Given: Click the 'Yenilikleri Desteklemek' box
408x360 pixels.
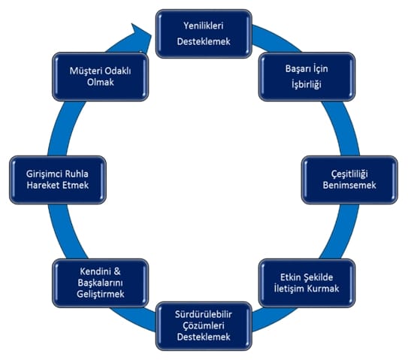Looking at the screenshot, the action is pyautogui.click(x=204, y=34).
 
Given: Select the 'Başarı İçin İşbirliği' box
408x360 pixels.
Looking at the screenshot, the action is pyautogui.click(x=307, y=77).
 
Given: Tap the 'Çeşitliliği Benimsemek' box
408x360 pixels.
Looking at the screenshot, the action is pyautogui.click(x=349, y=180).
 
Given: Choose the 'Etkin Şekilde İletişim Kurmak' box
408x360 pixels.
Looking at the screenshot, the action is pyautogui.click(x=307, y=283).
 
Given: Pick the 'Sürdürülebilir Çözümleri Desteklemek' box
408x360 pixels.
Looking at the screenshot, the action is pyautogui.click(x=204, y=326).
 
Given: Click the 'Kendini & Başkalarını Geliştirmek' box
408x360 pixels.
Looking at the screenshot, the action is pyautogui.click(x=101, y=283).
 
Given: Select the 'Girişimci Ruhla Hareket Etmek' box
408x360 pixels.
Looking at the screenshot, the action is pyautogui.click(x=58, y=180).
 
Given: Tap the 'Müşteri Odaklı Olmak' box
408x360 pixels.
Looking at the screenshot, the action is pyautogui.click(x=101, y=77).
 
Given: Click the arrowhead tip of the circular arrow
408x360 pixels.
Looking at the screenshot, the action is pyautogui.click(x=152, y=35).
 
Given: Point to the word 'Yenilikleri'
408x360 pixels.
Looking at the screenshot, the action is pyautogui.click(x=204, y=26).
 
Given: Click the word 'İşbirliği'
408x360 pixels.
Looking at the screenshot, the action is pyautogui.click(x=307, y=85).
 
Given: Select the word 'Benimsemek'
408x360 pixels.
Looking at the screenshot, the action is pyautogui.click(x=349, y=186).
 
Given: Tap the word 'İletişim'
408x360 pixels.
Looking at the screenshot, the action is pyautogui.click(x=289, y=289).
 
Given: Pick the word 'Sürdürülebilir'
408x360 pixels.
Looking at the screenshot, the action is pyautogui.click(x=204, y=314).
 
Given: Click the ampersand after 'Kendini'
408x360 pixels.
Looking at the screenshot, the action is pyautogui.click(x=117, y=271).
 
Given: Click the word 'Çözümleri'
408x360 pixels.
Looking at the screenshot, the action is pyautogui.click(x=204, y=325).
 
